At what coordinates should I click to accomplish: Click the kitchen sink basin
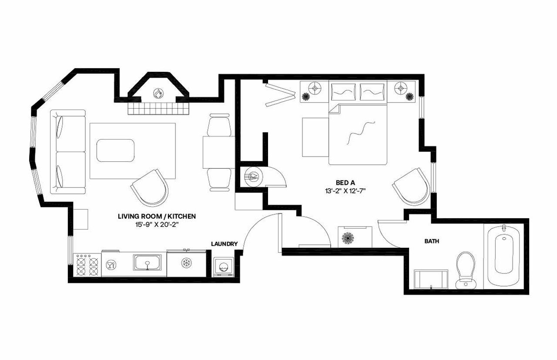tap(147, 263)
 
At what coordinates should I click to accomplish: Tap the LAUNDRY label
tap(225, 244)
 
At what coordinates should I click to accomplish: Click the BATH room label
tap(431, 240)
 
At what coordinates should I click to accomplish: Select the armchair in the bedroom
tap(412, 186)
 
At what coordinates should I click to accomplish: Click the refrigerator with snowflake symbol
tap(187, 263)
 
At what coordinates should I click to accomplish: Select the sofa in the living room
tap(68, 151)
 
